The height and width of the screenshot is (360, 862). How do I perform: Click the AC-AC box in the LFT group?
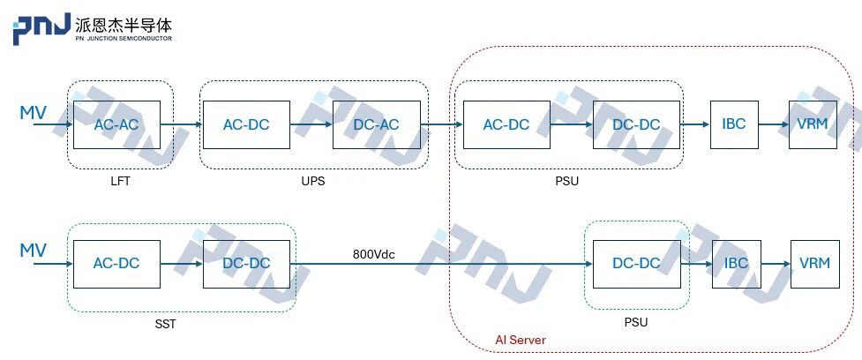pos(116,124)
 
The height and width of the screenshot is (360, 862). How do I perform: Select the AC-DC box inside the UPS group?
pos(246,124)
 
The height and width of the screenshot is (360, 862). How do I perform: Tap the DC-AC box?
pos(376,124)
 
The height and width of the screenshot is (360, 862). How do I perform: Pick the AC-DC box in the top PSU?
pos(506,124)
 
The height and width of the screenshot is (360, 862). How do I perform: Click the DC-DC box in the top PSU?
pos(636,124)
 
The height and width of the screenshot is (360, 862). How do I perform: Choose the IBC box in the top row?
pos(734,124)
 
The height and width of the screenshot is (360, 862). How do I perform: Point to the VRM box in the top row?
pos(813,124)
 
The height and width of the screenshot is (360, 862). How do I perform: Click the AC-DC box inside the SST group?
pos(116,263)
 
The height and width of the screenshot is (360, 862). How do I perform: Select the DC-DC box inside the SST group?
pos(246,263)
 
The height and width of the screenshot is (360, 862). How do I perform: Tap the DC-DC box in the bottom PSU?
pos(636,263)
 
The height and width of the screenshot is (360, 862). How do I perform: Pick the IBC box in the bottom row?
pos(736,263)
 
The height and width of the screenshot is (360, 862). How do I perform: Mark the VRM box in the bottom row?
pos(814,263)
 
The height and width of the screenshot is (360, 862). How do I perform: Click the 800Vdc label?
pos(374,254)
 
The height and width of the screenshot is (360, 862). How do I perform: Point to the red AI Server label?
pos(520,340)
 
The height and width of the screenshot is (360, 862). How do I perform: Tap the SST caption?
pos(165,324)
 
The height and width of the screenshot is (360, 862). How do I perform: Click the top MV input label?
pos(34,112)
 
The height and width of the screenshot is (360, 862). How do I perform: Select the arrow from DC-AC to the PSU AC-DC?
pos(441,124)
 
